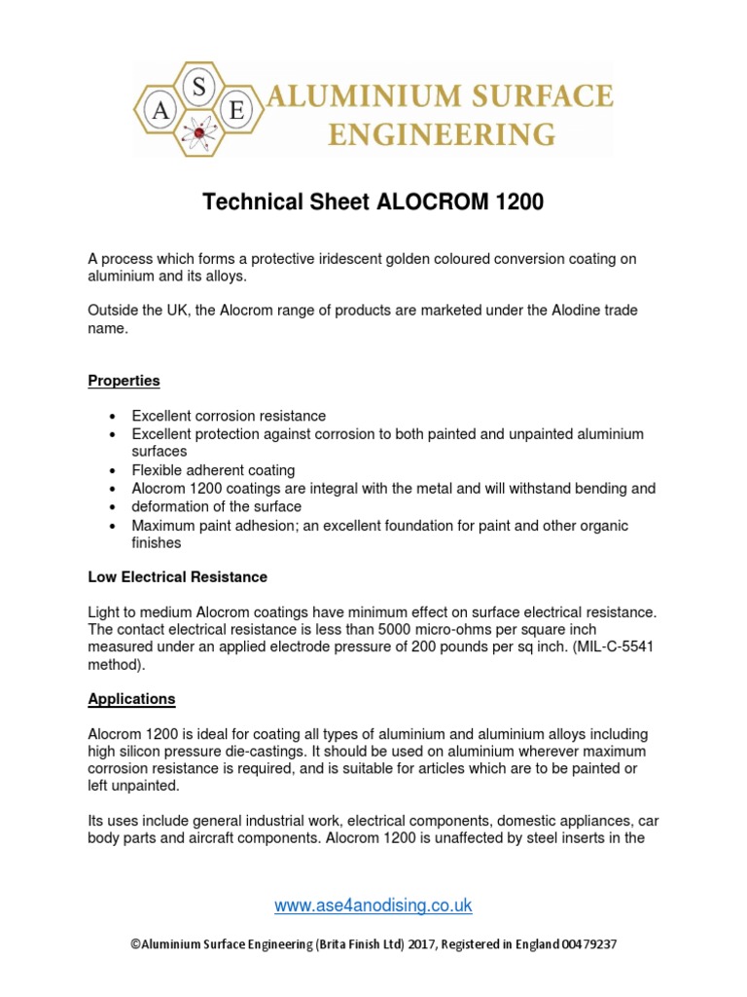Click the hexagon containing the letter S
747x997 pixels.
tap(198, 89)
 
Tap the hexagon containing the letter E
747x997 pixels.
tap(236, 111)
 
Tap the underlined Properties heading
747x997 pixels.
tap(124, 381)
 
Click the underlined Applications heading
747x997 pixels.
tap(131, 699)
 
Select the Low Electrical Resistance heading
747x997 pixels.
tap(177, 577)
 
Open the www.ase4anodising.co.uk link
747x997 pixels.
tap(373, 905)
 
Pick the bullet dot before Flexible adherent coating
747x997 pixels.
tap(113, 470)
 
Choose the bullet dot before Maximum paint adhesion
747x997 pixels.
tap(113, 526)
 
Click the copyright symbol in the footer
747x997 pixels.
tap(134, 944)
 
